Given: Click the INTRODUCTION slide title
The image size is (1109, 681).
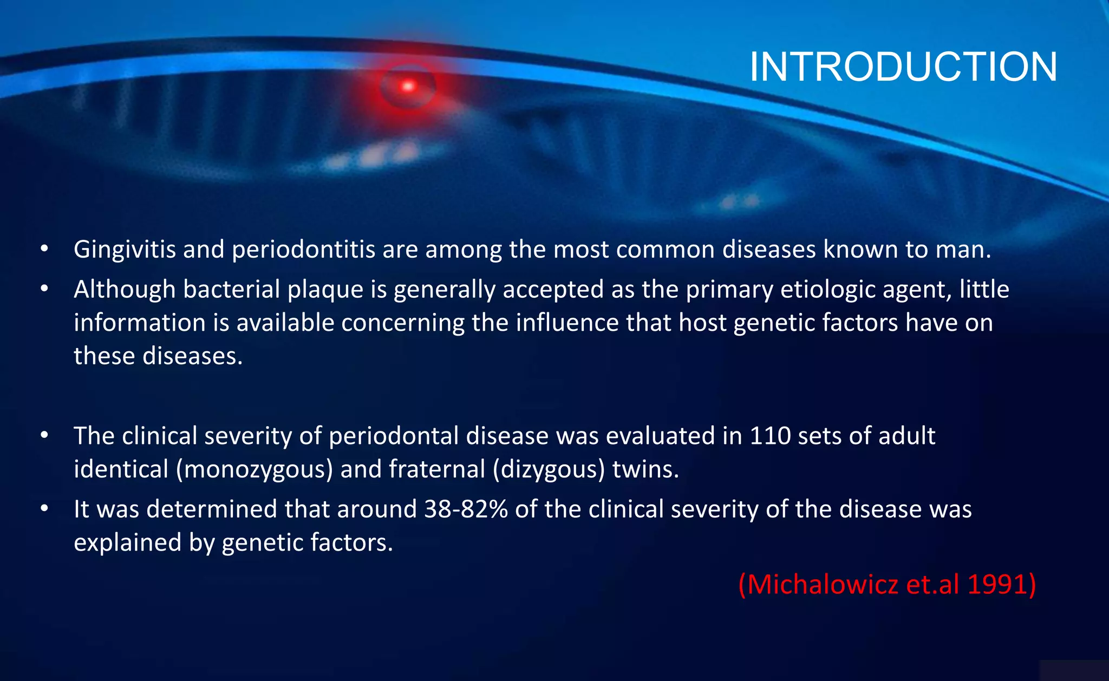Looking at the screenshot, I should [x=903, y=67].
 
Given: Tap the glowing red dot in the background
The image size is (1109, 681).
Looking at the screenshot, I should [x=408, y=86].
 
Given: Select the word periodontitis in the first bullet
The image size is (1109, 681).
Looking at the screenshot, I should [x=304, y=250].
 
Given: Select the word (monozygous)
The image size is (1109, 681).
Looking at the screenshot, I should [x=255, y=469].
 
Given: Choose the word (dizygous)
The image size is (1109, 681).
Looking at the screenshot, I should [x=549, y=469].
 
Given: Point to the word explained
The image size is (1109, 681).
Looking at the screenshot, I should [x=127, y=543].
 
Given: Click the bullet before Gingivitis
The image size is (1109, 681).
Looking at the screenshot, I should [x=44, y=250].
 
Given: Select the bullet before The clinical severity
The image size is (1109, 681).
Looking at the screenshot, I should [x=44, y=436].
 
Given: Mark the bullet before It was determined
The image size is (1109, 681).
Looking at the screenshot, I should [x=44, y=509].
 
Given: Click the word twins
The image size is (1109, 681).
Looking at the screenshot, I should [x=645, y=469].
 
